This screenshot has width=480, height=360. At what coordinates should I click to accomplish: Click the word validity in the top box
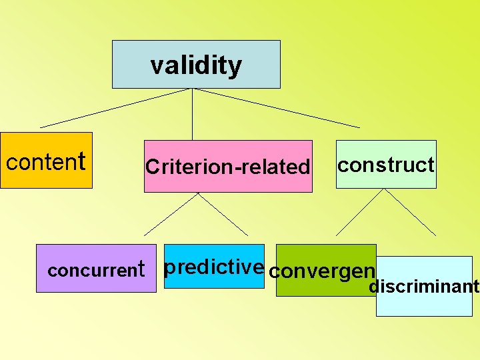click(196, 65)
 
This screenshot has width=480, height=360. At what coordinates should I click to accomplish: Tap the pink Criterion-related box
click(228, 180)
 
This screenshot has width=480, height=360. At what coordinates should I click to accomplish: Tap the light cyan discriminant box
click(424, 303)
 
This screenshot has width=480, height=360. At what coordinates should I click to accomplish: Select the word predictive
click(213, 267)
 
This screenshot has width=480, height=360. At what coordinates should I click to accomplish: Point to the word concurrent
click(96, 270)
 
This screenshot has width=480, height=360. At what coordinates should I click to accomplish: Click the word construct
click(386, 165)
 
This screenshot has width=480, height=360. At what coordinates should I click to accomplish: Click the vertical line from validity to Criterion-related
click(193, 113)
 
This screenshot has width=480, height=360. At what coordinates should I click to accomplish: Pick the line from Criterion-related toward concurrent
click(171, 214)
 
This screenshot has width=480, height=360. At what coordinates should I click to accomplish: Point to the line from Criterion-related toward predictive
click(223, 214)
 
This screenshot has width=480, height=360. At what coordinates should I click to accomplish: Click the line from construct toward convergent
click(360, 212)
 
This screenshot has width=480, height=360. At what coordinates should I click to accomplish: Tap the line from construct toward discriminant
click(410, 212)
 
